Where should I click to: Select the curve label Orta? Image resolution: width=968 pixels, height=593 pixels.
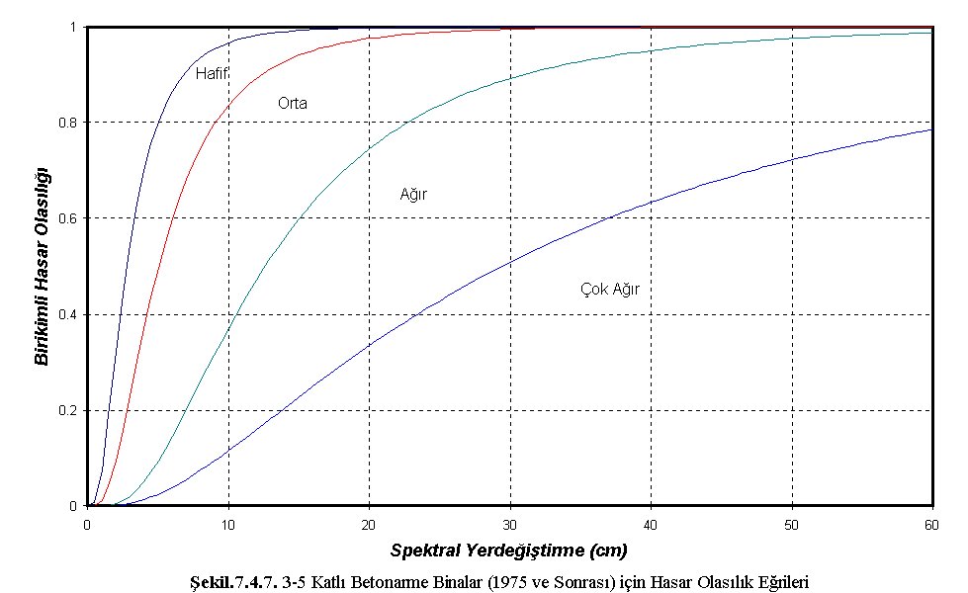[292, 103]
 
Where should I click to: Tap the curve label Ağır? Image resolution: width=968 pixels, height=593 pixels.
[413, 195]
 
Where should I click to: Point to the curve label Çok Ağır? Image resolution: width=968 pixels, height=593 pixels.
[610, 290]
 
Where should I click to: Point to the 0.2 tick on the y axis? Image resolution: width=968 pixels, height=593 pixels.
[69, 410]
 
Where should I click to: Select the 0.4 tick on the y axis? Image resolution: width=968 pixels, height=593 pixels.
[69, 314]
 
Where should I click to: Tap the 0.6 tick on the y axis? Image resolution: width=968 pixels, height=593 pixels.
[69, 218]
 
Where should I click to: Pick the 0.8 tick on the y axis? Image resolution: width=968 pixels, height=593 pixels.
[69, 123]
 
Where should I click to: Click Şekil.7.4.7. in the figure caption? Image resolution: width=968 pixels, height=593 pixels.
[238, 582]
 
